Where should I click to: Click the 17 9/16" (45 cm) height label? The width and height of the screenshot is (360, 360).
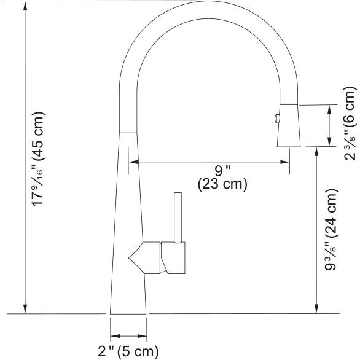(x=38, y=159)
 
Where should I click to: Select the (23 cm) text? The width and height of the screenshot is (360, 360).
(x=222, y=184)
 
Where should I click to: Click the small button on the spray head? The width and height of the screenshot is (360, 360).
(x=278, y=117)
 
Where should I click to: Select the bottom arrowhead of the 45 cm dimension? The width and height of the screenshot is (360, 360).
(x=25, y=309)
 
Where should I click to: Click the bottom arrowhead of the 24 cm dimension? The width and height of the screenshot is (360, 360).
(x=316, y=309)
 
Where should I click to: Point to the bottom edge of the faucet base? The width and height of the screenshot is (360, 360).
(x=128, y=313)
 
